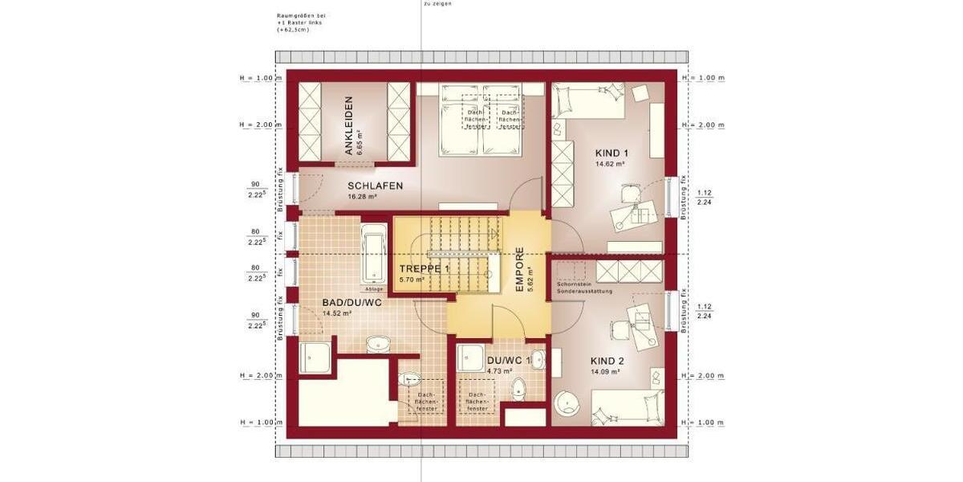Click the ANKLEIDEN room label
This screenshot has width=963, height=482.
(x=349, y=126)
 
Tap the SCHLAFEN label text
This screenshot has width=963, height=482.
(x=375, y=186)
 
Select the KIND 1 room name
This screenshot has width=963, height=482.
(x=612, y=153)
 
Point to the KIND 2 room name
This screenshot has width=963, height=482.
(x=607, y=361)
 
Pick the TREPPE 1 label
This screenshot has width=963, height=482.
(x=425, y=269)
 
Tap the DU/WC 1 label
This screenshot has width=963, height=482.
(x=508, y=361)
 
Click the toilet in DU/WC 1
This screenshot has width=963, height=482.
(x=518, y=390)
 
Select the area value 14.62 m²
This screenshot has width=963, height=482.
(x=610, y=163)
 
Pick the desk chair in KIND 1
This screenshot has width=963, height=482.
(x=628, y=194)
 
